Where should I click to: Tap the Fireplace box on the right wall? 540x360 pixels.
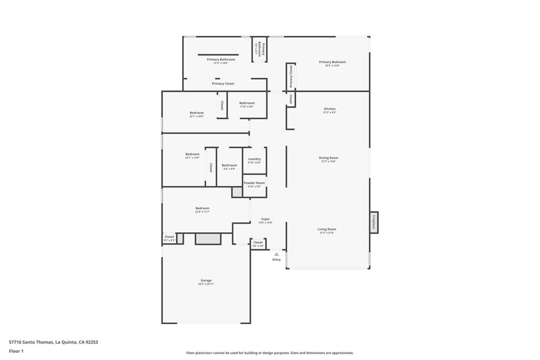click(x=374, y=222)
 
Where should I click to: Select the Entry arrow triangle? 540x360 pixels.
click(x=276, y=254)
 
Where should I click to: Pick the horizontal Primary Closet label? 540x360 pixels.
click(x=223, y=84)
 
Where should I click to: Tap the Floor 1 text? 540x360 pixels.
click(x=16, y=351)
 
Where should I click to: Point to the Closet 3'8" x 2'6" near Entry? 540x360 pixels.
click(x=258, y=244)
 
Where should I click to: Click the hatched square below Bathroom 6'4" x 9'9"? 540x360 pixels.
click(x=237, y=192)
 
